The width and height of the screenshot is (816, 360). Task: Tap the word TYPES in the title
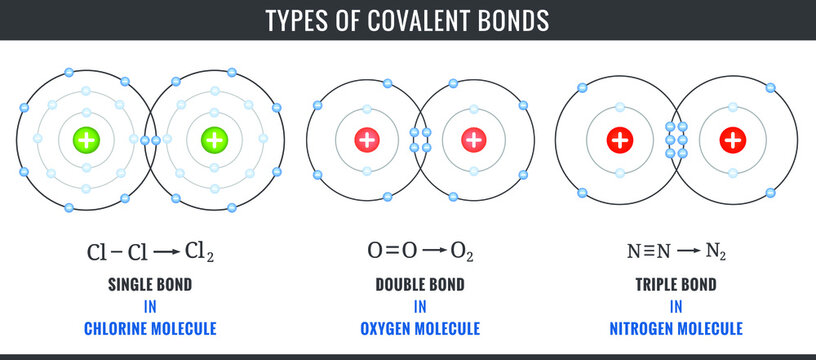coord(298,20)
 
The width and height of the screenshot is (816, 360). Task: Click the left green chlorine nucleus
coord(87,140)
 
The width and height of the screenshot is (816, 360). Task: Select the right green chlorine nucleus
coord(213,140)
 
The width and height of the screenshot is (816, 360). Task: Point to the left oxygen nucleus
coord(367,140)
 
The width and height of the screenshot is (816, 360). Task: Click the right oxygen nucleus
coord(473,140)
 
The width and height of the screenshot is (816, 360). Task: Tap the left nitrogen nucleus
coord(620,140)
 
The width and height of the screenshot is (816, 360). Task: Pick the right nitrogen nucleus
coord(733,140)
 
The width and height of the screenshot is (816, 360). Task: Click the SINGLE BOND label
coord(150,284)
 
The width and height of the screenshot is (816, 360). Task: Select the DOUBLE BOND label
coord(420,284)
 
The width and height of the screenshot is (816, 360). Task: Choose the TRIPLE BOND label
coord(676,284)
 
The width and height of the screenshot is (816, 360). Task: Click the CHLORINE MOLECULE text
coord(150,328)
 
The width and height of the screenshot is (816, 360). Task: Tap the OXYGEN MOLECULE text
coord(420,328)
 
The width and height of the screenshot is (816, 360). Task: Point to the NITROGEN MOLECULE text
coord(676,328)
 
